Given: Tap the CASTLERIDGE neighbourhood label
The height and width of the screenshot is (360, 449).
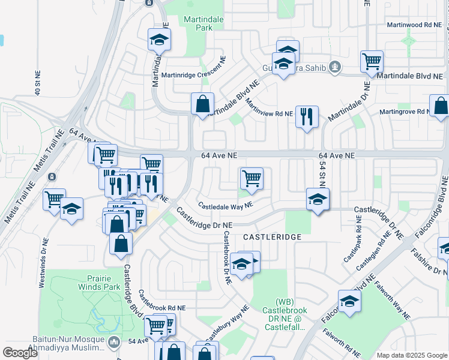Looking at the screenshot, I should pyautogui.click(x=271, y=238).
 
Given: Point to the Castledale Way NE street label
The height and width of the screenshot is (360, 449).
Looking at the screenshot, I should pyautogui.click(x=226, y=205).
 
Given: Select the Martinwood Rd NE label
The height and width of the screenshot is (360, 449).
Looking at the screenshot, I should pyautogui.click(x=414, y=25).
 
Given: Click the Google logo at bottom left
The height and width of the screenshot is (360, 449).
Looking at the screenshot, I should pyautogui.click(x=20, y=353).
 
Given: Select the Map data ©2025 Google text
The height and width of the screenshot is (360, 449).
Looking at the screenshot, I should pyautogui.click(x=411, y=355).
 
